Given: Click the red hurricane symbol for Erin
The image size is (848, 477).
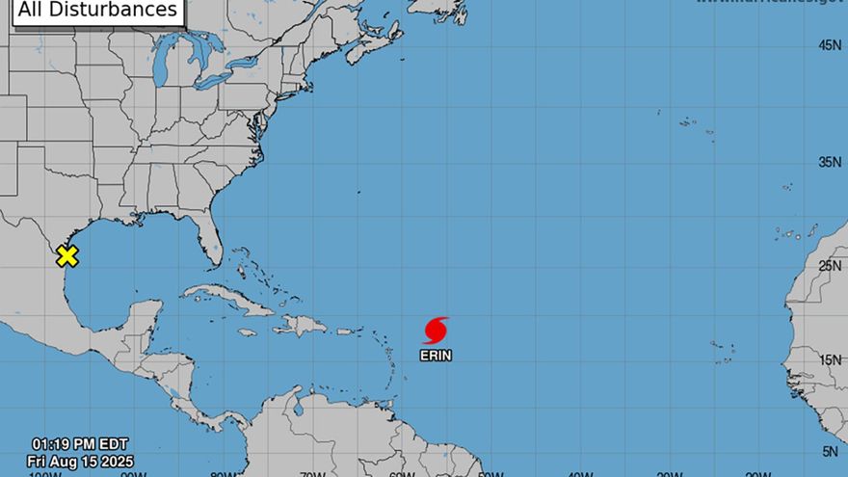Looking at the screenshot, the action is pos(436,331).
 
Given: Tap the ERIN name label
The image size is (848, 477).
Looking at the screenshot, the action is pos(436,356).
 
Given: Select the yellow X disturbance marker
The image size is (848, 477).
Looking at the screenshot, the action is pos(66,255).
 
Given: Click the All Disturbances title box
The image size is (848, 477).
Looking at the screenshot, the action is pos(99,11).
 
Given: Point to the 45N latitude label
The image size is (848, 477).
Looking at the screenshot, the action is pos(830,45).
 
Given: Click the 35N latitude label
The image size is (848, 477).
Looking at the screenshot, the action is pos(830,162).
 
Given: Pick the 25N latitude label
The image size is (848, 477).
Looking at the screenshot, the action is pos(830,265).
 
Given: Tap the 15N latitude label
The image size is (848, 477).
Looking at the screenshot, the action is pos(830,359).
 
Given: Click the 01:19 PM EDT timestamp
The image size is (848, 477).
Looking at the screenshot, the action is pos(82,444).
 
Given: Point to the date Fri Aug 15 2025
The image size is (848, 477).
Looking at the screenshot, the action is pos(82,462).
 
